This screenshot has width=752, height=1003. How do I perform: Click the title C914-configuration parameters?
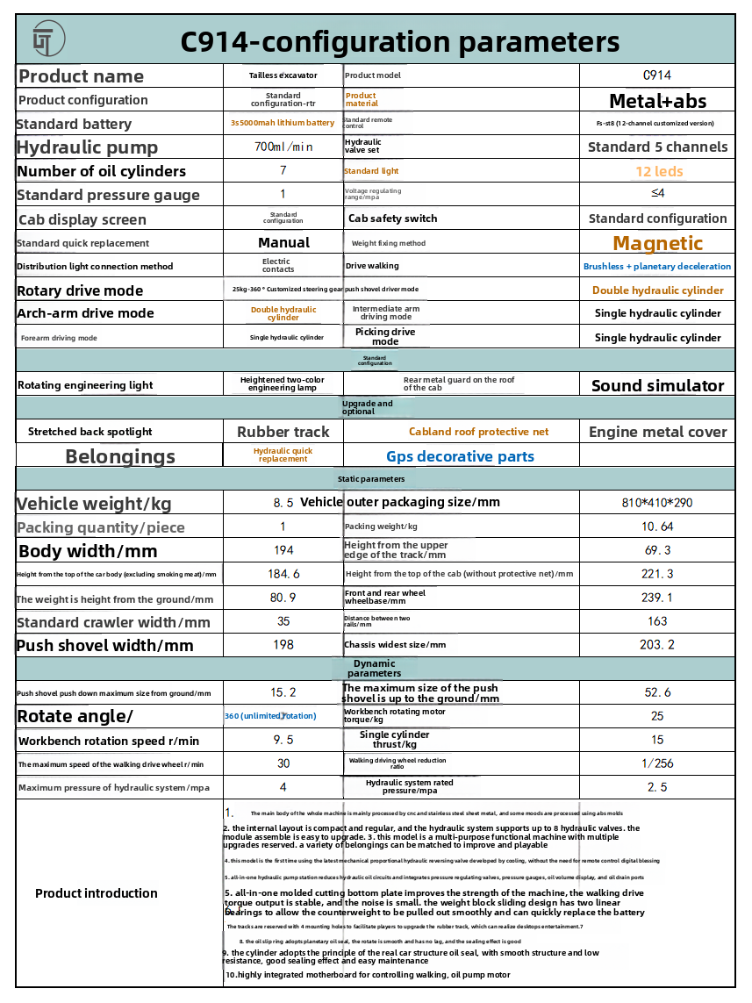[399, 42]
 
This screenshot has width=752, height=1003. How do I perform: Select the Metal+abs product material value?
[657, 100]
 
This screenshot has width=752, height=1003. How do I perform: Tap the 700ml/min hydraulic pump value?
[283, 147]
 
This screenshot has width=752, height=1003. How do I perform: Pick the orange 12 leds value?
[659, 171]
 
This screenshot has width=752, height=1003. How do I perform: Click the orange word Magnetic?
[657, 243]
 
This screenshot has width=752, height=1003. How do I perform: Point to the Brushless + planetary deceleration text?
[657, 266]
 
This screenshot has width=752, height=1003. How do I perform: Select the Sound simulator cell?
[657, 385]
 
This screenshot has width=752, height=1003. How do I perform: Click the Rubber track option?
[283, 432]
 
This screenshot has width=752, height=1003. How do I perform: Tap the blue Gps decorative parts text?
[460, 456]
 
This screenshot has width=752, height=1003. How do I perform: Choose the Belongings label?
[120, 456]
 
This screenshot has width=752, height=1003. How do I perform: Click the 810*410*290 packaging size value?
[657, 503]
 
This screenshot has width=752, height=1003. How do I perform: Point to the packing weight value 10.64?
[657, 527]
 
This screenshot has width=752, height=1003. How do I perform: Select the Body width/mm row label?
[88, 551]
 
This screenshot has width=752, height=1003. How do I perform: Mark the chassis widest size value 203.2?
[657, 645]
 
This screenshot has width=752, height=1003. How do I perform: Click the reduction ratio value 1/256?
[657, 763]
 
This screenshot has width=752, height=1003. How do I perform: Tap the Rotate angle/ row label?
[75, 716]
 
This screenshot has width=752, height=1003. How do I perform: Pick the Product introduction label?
[97, 893]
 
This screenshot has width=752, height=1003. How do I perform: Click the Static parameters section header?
[371, 479]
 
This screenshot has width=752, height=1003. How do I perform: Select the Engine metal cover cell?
[657, 432]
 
